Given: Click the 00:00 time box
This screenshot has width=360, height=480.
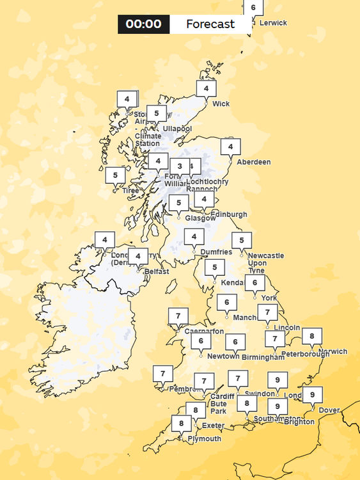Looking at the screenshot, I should pos(143,24).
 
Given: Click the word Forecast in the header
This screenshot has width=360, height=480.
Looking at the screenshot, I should pos(210,24).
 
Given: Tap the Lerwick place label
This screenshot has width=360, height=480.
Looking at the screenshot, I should pos(273,23).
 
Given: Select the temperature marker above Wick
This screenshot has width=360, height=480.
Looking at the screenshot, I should pos(206,88).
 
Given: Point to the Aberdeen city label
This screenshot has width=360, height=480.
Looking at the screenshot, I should pos(253,162).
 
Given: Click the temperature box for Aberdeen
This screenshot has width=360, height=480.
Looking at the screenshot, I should pos(230,147).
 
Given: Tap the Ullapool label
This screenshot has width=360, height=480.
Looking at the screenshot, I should pos(177,129).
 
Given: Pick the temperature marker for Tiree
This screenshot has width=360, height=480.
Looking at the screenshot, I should pos(115,175).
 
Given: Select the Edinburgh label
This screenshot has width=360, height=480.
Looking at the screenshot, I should pos(228,214).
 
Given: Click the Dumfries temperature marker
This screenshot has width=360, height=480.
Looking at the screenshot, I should pos(194,237).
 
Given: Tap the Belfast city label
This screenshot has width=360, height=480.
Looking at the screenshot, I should pos(157,271).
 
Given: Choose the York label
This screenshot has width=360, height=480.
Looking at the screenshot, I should pos(269,298).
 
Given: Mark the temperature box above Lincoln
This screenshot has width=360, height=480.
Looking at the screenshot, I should pos(267,313).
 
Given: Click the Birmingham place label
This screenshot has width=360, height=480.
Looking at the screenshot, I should pos(263,357).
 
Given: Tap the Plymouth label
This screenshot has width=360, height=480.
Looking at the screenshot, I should pos(205,439).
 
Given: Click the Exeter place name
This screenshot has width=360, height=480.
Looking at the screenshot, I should pos(213,426).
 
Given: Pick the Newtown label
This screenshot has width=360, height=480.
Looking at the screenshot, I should pos(223,356).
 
